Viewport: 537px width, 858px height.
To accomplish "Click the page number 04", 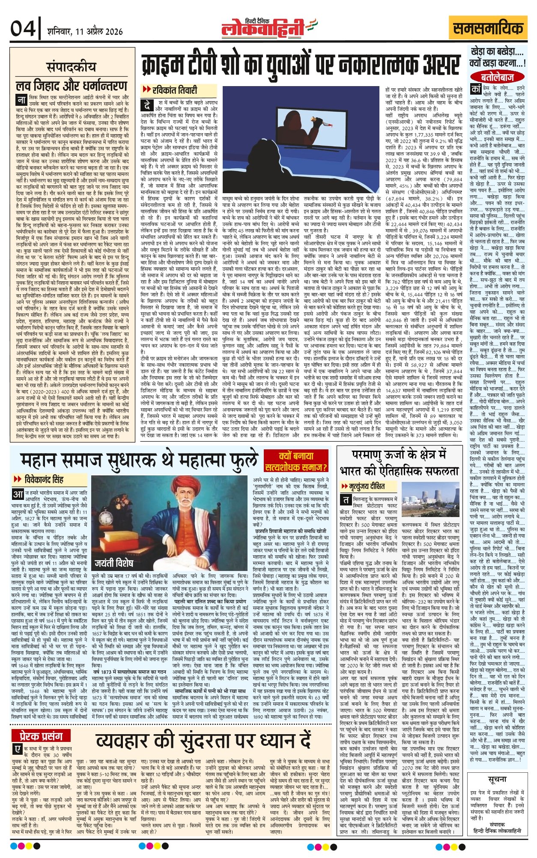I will pyautogui.click(x=23, y=29).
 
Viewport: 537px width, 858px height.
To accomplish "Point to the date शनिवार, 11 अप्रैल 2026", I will pyautogui.click(x=85, y=32).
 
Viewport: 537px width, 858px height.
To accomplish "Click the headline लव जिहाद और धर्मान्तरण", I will pyautogui.click(x=72, y=85).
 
